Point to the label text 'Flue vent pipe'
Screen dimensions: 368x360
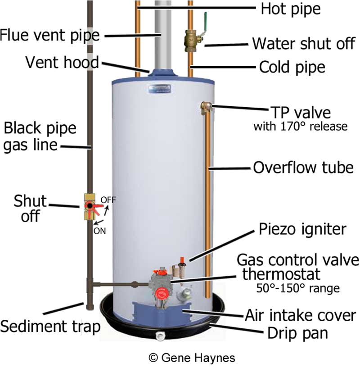click(x=51, y=35)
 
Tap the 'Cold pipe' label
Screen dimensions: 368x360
click(x=292, y=68)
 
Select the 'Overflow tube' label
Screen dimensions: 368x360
click(x=303, y=168)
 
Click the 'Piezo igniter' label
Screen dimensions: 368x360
click(x=302, y=229)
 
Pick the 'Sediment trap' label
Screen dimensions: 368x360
click(x=50, y=327)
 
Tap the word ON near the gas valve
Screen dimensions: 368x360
click(x=99, y=231)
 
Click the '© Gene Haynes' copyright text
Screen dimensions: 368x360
click(x=192, y=358)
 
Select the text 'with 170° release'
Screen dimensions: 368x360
click(x=300, y=126)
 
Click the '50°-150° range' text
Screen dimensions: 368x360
click(x=297, y=288)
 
